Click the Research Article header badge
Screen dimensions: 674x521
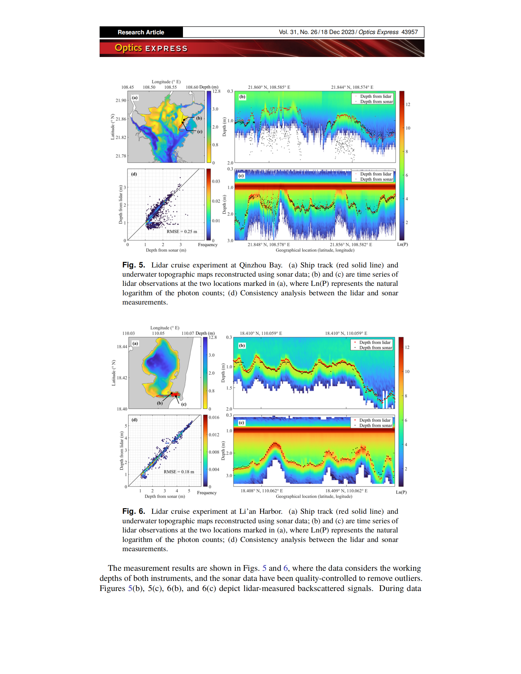(141, 32)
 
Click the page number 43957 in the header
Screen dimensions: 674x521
(409, 32)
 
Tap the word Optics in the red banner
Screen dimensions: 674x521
(128, 48)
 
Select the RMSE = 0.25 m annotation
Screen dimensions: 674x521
(181, 231)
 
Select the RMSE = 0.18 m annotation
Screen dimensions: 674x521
(179, 471)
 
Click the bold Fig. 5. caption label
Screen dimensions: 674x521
(133, 265)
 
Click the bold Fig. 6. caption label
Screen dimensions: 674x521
(133, 511)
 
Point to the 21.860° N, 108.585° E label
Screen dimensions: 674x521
(269, 87)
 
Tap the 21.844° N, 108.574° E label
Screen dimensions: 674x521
(352, 87)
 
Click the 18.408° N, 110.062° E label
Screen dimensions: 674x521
(261, 491)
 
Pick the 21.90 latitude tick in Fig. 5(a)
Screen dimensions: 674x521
(121, 100)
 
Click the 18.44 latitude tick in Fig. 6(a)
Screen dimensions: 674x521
(122, 346)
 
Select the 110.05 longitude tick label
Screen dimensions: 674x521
(158, 333)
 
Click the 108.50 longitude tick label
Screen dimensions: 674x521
(149, 87)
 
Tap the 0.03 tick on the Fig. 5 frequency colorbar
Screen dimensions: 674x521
(216, 181)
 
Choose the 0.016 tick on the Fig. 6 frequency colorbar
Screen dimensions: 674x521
(214, 417)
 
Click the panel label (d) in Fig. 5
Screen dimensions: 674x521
(134, 174)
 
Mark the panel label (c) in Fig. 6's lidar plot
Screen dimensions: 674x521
(241, 422)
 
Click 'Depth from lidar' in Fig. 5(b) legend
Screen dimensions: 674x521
(376, 96)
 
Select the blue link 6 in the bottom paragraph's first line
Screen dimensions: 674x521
(286, 568)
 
